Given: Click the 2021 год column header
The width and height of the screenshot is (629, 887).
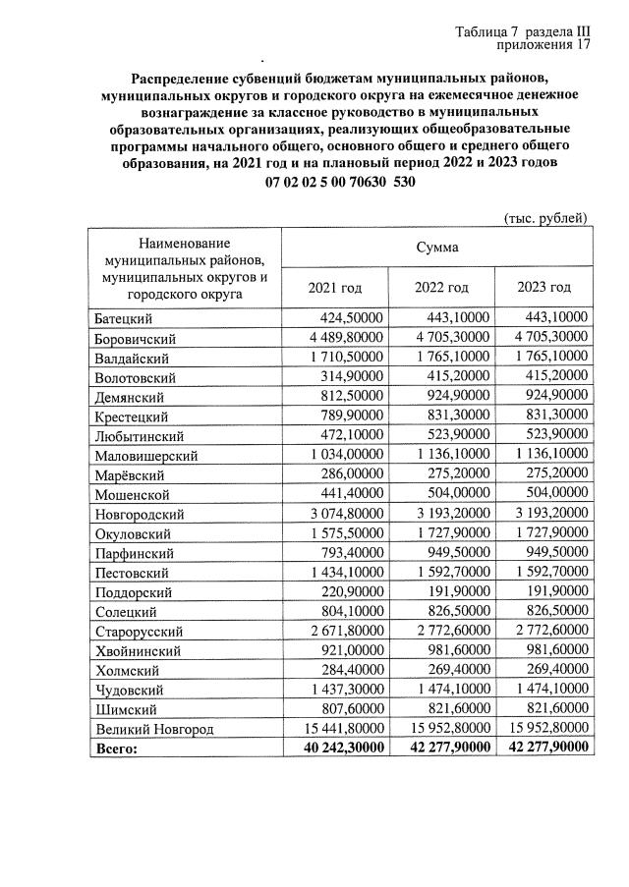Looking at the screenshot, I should (x=334, y=287).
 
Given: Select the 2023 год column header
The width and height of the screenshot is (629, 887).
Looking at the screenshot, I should (x=543, y=287).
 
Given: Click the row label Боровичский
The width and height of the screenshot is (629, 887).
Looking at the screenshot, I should (x=135, y=338).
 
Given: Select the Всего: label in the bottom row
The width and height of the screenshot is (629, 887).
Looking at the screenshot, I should (x=117, y=748).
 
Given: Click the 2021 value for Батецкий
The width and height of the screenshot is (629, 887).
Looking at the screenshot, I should (x=352, y=317).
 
